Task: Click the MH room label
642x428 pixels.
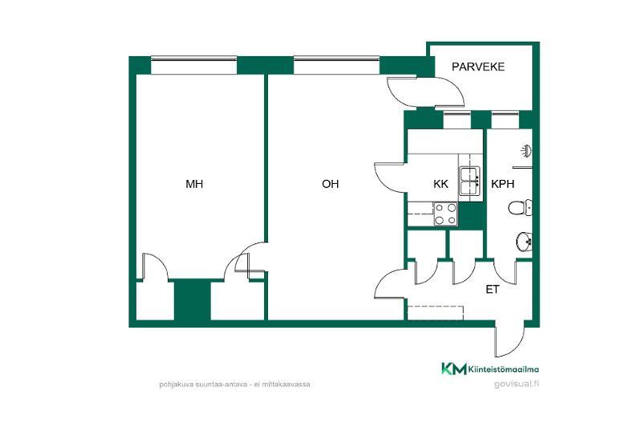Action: pos(194,185)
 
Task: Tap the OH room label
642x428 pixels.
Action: pos(331,185)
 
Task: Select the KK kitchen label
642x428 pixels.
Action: pos(441,185)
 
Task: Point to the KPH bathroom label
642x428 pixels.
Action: pos(502,185)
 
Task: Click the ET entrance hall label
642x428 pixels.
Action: pos(492,290)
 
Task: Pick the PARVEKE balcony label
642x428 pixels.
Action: pos(478,67)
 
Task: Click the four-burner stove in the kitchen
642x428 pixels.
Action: pos(446,214)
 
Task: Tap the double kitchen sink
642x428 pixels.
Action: pos(470,181)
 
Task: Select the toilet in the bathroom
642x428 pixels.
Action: pos(520,208)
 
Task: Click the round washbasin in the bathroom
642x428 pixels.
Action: pos(524,242)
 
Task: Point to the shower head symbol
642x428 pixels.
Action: pos(526,152)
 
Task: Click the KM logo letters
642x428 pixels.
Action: pos(453,369)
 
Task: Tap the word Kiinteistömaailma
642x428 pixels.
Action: pos(503,369)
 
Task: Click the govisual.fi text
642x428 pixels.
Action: pos(516,384)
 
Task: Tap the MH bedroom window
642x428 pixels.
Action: pos(194,66)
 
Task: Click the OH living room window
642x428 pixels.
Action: pos(336,66)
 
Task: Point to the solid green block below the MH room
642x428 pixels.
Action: pos(193,300)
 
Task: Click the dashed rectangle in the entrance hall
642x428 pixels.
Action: pos(436,313)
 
